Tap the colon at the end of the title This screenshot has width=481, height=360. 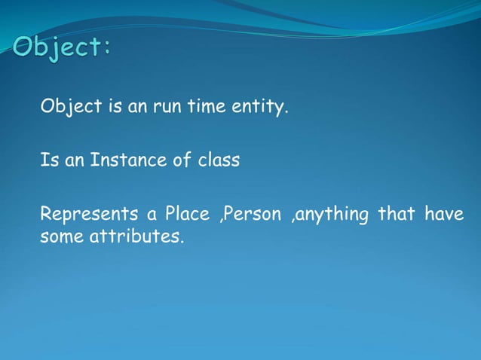108,49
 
